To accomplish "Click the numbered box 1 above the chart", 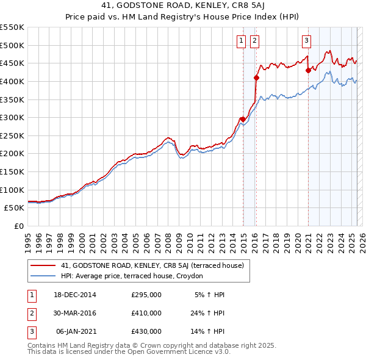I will pos(241,41).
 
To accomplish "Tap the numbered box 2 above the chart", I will pos(254,41).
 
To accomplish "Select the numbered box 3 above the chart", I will pos(306,41).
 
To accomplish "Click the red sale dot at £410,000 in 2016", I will pos(257,77).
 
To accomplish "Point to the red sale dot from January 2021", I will pos(308,70).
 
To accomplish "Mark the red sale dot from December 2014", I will pos(243,119).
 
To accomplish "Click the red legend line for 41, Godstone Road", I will pos(43,265).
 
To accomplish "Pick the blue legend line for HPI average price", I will pos(43,276).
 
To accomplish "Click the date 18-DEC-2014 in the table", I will pos(75,295).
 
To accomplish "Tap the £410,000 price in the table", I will pos(146,313).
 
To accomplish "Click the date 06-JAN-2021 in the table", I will pos(76,331).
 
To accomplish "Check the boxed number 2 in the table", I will pos(32,313).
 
